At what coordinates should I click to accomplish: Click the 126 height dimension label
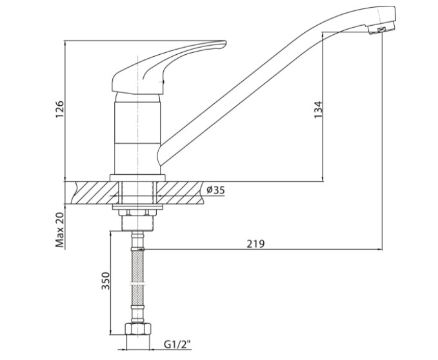point(60,110)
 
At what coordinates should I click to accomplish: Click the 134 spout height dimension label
point(318,110)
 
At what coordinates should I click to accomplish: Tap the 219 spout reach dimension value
point(255,244)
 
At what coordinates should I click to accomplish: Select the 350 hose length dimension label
point(106,281)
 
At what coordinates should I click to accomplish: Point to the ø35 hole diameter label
point(215,190)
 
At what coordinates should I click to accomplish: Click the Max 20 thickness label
point(60,230)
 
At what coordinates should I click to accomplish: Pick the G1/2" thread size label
point(177,345)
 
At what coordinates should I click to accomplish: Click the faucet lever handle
point(168,67)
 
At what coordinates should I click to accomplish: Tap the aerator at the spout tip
point(382,29)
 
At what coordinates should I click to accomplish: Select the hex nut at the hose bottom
point(138,328)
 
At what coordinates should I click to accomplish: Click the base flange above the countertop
point(137,178)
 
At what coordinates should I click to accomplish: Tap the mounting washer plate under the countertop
point(137,207)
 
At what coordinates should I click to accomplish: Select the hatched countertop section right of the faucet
point(179,193)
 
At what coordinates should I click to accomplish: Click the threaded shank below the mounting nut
point(138,223)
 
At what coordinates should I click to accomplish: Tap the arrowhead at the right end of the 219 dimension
point(380,249)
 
